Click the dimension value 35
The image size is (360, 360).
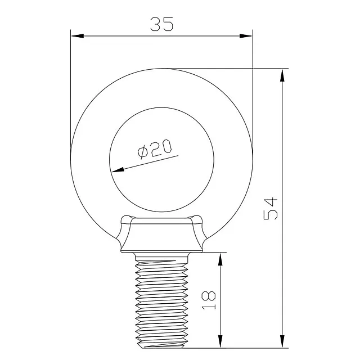pyautogui.click(x=161, y=24)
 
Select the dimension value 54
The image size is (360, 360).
pyautogui.click(x=271, y=209)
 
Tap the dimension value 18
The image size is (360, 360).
pyautogui.click(x=209, y=300)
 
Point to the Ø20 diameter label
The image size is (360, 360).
pyautogui.click(x=155, y=149)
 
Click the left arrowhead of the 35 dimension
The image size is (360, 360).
pyautogui.click(x=78, y=36)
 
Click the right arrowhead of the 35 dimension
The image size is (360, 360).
pyautogui.click(x=246, y=36)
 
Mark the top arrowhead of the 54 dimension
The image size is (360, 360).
pyautogui.click(x=282, y=75)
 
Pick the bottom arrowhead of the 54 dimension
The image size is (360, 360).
pyautogui.click(x=282, y=341)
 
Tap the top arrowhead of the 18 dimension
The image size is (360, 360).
pyautogui.click(x=220, y=259)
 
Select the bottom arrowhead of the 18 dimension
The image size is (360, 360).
pyautogui.click(x=220, y=341)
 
